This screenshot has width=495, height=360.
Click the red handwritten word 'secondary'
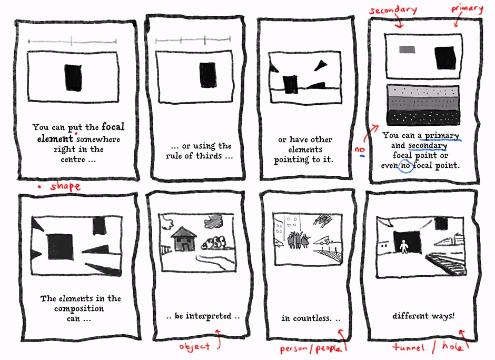[x=393, y=10]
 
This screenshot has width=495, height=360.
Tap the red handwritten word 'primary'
[x=467, y=9]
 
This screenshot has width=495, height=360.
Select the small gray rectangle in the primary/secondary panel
[x=407, y=49]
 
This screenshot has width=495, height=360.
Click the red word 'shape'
[x=65, y=186]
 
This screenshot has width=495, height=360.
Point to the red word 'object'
[x=194, y=346]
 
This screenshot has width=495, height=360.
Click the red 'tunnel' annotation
[x=409, y=347]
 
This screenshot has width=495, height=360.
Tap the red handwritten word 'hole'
[x=452, y=346]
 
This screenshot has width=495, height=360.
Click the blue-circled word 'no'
[x=405, y=165]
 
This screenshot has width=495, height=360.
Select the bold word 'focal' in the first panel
[x=113, y=126]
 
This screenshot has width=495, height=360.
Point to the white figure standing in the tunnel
[x=403, y=246]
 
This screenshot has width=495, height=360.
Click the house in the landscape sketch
[x=184, y=239]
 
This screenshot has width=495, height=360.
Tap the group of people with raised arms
[x=298, y=241]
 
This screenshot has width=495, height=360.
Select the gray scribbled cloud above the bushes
[x=214, y=221]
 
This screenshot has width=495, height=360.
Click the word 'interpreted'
[x=209, y=316]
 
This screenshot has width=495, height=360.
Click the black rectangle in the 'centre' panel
[x=74, y=77]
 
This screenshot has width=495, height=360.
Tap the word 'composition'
[x=79, y=308]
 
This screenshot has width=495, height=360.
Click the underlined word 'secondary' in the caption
[x=428, y=145]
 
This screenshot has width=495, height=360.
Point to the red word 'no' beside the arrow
[x=360, y=149]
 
